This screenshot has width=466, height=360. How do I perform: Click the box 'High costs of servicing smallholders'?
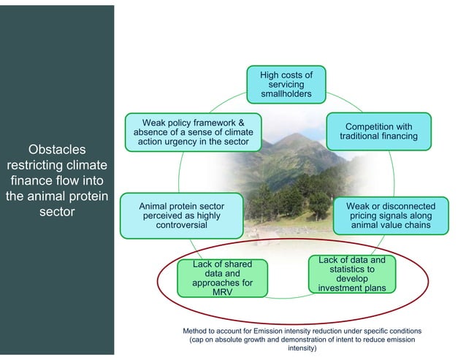pos(286,84)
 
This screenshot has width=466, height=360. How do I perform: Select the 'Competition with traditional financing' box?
pos(378,131)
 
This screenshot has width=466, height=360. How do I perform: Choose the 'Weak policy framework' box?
pos(193,132)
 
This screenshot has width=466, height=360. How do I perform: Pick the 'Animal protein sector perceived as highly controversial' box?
pos(182,216)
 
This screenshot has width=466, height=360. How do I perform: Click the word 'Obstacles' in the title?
pos(57,149)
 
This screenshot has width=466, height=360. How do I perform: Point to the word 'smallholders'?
pos(286,94)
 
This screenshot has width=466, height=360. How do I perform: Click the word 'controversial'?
pos(182,226)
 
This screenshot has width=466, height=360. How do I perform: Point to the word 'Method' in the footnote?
pos(196,332)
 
